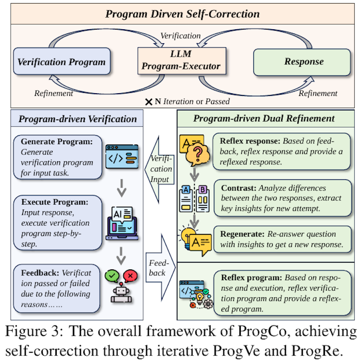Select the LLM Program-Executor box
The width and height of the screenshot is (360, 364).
click(181, 61)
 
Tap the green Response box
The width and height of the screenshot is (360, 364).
click(303, 62)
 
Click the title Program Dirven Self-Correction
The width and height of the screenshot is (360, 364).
click(182, 14)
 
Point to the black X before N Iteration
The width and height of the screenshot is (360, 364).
click(148, 102)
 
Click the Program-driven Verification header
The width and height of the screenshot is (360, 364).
click(78, 119)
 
